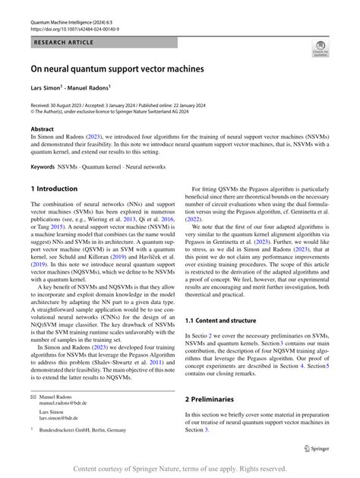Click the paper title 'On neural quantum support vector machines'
(117, 69)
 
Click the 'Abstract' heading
(42, 129)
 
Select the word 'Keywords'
(43, 166)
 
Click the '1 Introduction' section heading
(54, 188)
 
